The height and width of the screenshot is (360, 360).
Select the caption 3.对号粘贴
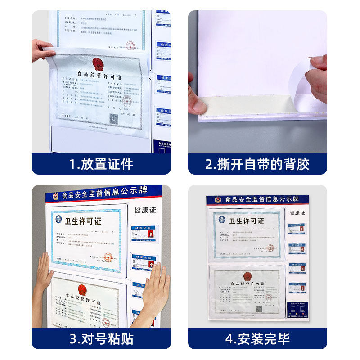(101, 338)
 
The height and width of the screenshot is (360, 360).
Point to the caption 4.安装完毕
(257, 338)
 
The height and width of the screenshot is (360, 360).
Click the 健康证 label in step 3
(145, 210)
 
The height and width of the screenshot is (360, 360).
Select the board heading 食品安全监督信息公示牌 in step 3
(104, 193)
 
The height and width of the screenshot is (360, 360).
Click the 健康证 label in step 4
(297, 212)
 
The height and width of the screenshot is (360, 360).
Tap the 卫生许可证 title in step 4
(247, 221)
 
